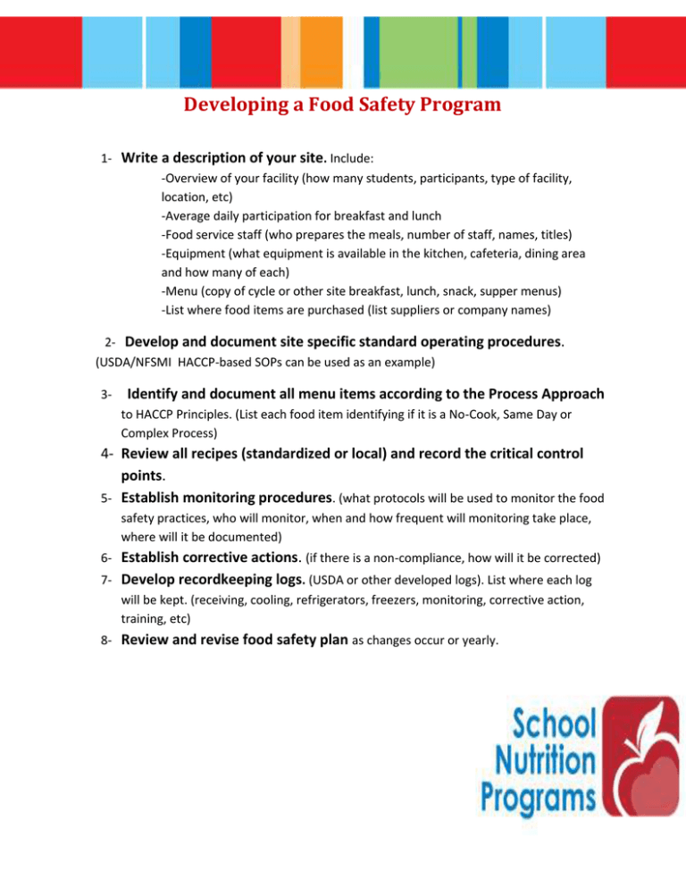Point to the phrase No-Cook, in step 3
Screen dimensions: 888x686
(481, 415)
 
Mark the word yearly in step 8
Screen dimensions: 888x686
(476, 641)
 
